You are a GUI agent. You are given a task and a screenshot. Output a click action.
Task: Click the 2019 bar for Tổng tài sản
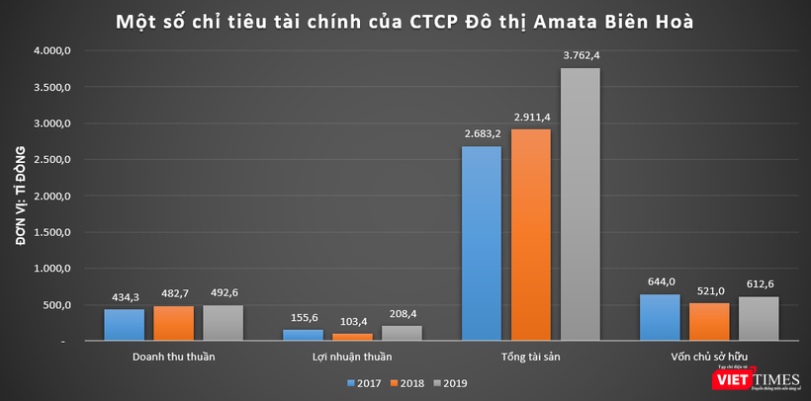(x=580, y=204)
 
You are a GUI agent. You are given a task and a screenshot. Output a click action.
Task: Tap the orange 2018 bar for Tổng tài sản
(x=530, y=235)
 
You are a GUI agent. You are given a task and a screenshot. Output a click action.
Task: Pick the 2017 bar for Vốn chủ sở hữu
(x=660, y=317)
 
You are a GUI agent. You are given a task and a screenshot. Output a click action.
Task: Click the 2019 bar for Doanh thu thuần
(x=223, y=323)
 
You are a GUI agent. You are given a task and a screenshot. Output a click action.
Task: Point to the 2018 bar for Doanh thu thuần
(x=173, y=324)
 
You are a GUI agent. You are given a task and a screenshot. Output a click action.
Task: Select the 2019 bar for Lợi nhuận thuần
(x=402, y=333)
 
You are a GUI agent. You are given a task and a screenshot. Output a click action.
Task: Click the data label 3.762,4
(x=581, y=55)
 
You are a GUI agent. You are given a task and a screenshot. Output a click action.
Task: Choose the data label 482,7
(x=174, y=294)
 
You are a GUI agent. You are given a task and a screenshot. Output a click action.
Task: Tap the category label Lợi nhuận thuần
(x=352, y=357)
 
